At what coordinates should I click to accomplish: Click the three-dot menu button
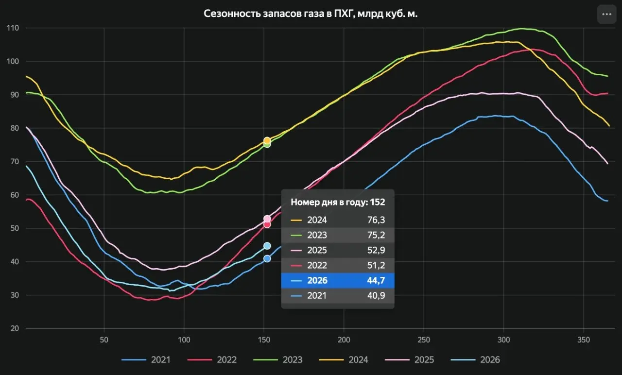point(607,14)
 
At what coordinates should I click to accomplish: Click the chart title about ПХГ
point(311,14)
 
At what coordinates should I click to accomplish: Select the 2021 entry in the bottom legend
point(146,360)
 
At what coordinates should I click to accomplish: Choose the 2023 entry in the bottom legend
point(277,360)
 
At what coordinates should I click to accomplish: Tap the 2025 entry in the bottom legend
point(409,360)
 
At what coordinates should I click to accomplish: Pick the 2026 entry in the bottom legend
point(475,360)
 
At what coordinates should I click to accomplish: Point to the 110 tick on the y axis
point(13,28)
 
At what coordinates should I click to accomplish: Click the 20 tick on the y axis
point(15,328)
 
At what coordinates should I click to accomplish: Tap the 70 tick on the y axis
point(15,162)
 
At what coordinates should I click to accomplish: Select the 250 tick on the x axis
point(424,340)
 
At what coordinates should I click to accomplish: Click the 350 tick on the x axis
point(584,340)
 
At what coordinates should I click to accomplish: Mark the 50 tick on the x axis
point(104,340)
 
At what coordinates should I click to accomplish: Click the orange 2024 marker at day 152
point(267,140)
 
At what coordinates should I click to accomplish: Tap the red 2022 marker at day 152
point(267,224)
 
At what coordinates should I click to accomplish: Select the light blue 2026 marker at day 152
point(267,246)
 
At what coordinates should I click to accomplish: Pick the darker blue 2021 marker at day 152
point(267,259)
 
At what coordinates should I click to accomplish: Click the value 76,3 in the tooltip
point(376,220)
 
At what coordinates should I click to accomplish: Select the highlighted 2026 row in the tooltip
point(338,280)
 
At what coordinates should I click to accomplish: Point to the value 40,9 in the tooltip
point(376,295)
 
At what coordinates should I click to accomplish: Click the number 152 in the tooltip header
point(378,202)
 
